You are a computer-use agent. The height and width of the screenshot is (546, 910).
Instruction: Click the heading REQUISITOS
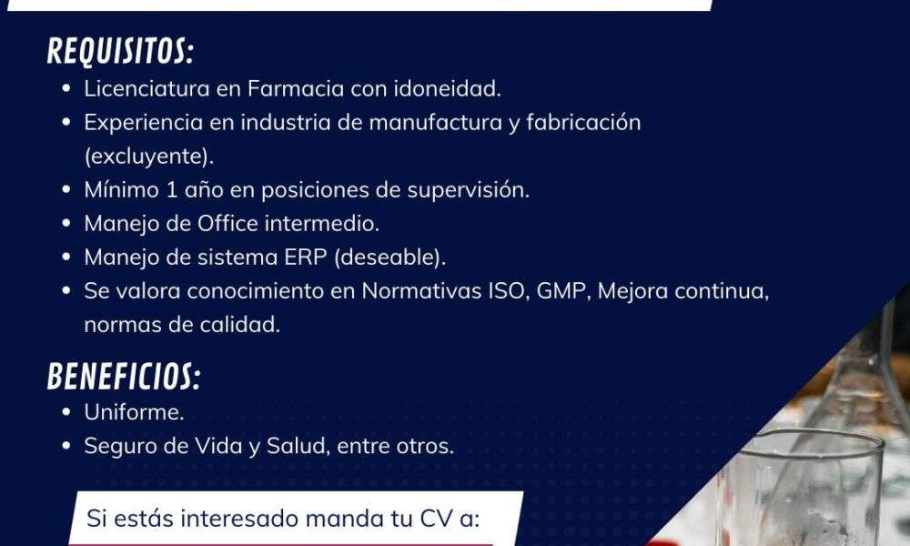click(x=120, y=51)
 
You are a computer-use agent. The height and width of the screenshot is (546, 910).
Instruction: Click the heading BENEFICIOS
click(x=124, y=376)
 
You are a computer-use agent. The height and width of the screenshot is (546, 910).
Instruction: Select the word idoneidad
click(x=448, y=89)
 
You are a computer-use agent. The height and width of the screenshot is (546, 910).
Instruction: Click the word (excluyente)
click(x=149, y=157)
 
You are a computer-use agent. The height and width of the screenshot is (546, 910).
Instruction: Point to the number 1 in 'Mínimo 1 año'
click(x=172, y=190)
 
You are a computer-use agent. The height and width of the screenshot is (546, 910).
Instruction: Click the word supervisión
click(x=469, y=190)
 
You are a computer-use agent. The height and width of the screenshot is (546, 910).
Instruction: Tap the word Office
click(x=227, y=223)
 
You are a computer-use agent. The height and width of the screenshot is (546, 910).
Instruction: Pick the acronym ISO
click(x=509, y=291)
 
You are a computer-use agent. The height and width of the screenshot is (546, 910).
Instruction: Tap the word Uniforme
click(x=134, y=412)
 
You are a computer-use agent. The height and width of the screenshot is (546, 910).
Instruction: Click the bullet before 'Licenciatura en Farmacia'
click(x=66, y=89)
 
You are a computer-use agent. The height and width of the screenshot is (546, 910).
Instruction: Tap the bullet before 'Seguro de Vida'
click(x=66, y=446)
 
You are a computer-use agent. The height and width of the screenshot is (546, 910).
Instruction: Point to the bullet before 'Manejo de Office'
click(x=66, y=223)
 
